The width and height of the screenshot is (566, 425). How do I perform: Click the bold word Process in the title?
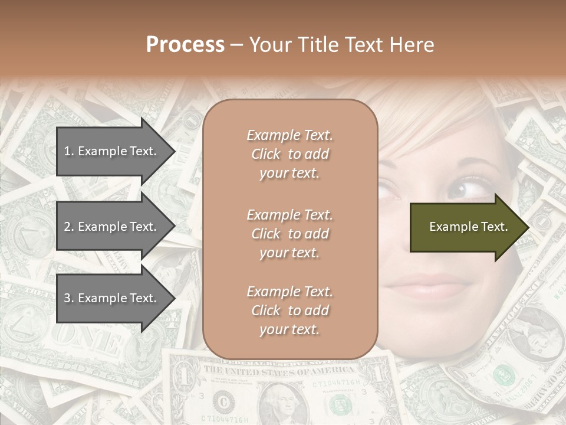coord(185,45)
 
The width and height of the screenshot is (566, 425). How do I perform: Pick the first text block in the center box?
coord(289,154)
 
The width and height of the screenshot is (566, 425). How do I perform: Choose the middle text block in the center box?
coord(289,234)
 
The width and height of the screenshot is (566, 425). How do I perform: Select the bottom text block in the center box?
coord(289,310)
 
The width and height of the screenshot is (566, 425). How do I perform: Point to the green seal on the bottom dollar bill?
coord(340,405)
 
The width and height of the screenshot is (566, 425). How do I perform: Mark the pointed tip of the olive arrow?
coord(528,227)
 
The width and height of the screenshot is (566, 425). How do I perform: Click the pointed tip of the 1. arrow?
coord(175,151)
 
